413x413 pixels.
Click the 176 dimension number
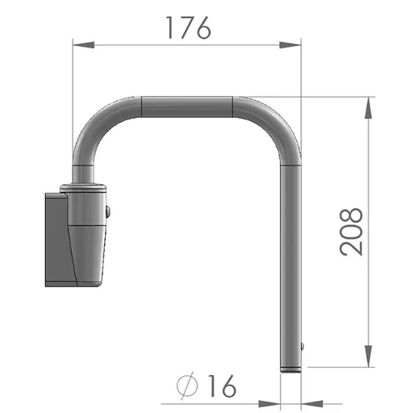(188, 27)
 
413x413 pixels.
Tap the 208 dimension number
(351, 232)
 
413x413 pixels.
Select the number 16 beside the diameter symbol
(222, 386)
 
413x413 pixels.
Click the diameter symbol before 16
(187, 386)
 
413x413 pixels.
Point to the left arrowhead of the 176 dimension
(84, 45)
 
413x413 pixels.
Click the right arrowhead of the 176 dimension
(290, 45)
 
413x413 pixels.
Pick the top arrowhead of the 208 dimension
(369, 107)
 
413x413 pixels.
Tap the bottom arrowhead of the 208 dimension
(369, 356)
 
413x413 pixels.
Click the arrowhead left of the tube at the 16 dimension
(269, 403)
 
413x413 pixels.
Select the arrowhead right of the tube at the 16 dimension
(312, 403)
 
